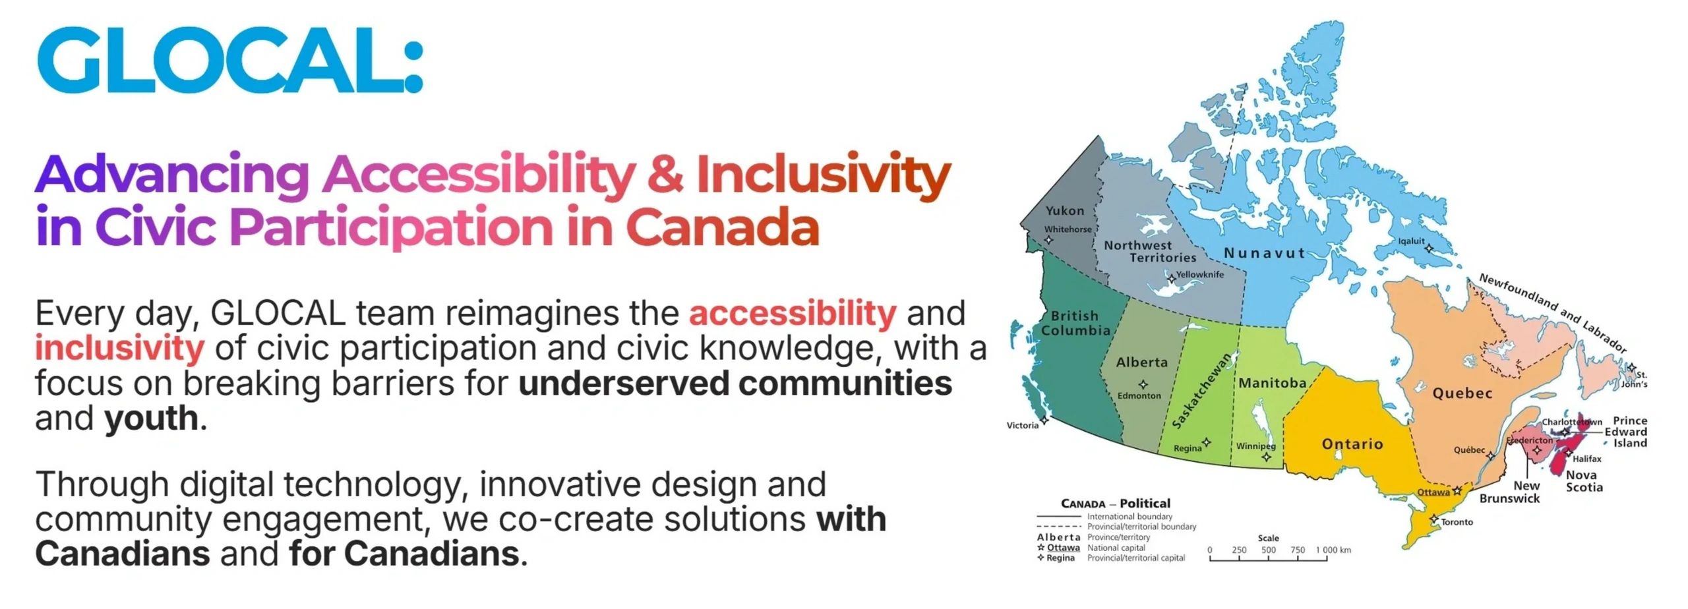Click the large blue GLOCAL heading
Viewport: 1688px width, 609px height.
coord(229,60)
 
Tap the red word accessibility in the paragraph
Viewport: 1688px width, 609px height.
coord(793,313)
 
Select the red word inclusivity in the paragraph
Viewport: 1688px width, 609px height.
coord(119,348)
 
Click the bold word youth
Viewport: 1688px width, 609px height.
coord(151,419)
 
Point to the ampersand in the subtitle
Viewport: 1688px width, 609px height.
coord(665,173)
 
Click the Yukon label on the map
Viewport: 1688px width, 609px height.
coord(1064,211)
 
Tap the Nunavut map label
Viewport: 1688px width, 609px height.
coord(1264,253)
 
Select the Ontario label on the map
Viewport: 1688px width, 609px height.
coord(1352,444)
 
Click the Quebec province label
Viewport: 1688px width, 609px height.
coord(1462,393)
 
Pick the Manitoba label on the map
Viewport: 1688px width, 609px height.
coord(1272,383)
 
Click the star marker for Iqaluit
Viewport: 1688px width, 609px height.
coord(1429,249)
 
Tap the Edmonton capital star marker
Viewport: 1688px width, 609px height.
coord(1143,384)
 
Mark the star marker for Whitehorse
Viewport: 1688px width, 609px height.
coord(1049,240)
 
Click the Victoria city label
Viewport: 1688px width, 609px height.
coord(1022,426)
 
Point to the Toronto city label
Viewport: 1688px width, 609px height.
coord(1457,522)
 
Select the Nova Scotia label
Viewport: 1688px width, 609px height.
coord(1584,481)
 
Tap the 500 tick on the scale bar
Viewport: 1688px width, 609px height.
coord(1268,550)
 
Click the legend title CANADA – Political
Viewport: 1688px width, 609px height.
coord(1115,504)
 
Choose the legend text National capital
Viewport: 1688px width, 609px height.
coord(1116,548)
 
